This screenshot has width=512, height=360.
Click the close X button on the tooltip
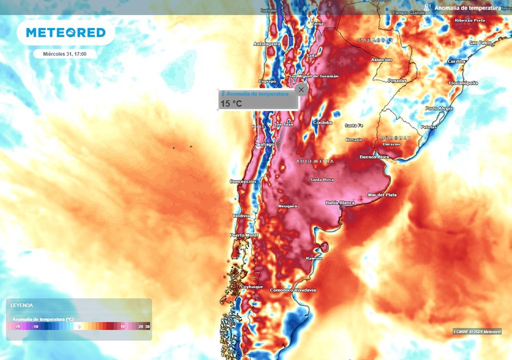300,89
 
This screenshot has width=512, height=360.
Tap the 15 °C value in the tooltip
231,103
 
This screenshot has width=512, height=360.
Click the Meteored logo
65,32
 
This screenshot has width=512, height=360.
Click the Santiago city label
264,144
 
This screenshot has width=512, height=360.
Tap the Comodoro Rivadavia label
293,290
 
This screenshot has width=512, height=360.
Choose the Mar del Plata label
382,194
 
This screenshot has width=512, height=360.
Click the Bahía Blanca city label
340,203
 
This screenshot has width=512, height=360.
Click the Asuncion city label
381,60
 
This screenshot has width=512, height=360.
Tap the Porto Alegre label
439,108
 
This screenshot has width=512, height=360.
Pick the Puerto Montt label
244,235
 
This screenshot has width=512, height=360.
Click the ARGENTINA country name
315,161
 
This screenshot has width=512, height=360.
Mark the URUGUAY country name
395,137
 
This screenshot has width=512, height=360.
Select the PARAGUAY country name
376,40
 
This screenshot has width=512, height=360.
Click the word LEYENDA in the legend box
21,305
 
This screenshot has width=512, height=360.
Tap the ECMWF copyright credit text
477,331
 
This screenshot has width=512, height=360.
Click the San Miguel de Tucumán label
313,76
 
